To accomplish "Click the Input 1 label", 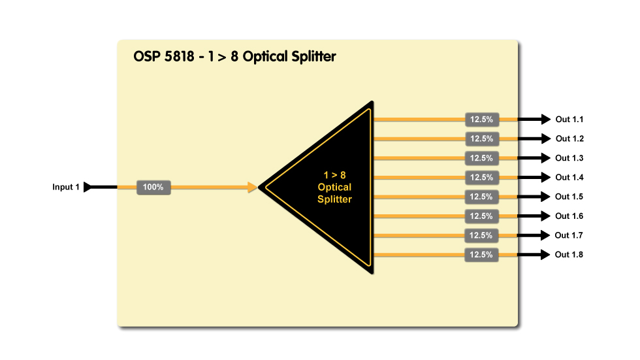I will [66, 188].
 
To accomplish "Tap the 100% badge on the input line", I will [153, 188].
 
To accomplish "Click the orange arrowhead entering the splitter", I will [251, 188].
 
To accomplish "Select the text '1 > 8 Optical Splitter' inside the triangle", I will [334, 187].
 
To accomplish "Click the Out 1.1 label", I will [569, 120].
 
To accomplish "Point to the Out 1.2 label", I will [569, 139].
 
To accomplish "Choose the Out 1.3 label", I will [569, 158].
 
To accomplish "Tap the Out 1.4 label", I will [569, 177].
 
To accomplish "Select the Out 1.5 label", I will [569, 197].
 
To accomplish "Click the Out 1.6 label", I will [569, 216].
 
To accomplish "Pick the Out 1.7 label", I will [569, 235].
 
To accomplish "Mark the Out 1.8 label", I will [569, 255].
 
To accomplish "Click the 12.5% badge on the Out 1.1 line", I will [482, 120].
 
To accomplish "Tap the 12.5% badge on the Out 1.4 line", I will [482, 177].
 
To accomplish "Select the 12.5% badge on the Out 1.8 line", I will [482, 255].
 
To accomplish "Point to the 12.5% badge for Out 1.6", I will [482, 216].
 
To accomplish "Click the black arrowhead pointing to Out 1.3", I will [545, 158].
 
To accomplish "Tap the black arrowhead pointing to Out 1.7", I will [545, 235].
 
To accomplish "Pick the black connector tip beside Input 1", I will [89, 188].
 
